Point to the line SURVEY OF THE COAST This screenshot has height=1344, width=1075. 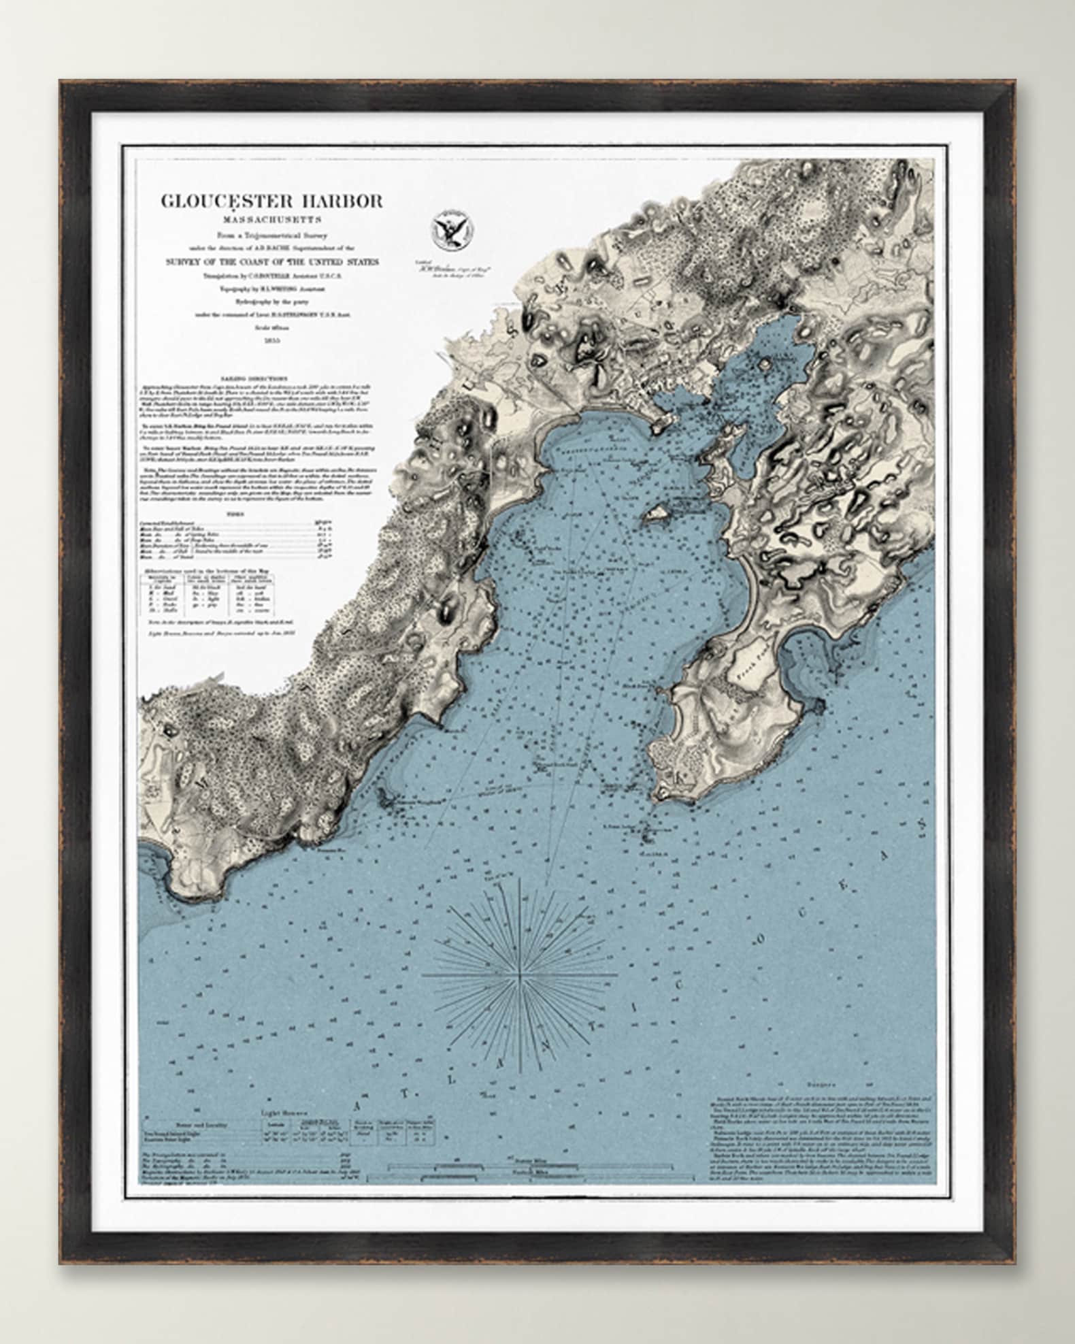(270, 262)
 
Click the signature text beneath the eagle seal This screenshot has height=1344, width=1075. (451, 269)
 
